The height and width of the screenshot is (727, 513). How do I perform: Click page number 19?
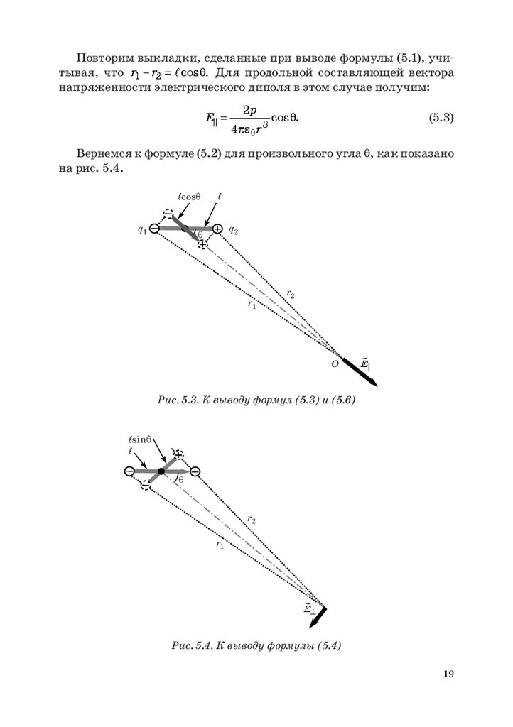447,674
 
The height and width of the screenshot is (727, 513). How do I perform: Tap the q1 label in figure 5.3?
143,229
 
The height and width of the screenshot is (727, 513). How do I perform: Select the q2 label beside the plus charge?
233,230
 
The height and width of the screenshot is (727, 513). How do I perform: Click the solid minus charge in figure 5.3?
154,229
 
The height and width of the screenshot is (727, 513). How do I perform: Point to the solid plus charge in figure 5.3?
217,229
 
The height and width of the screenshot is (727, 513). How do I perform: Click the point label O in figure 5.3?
333,363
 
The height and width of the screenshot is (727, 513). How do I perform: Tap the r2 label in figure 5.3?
291,293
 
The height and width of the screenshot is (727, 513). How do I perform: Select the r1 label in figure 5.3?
252,305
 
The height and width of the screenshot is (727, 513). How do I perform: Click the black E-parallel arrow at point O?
359,371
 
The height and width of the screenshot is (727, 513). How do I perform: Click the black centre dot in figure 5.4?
161,471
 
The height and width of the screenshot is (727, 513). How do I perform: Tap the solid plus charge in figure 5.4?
195,471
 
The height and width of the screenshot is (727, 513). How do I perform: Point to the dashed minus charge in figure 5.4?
146,485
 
